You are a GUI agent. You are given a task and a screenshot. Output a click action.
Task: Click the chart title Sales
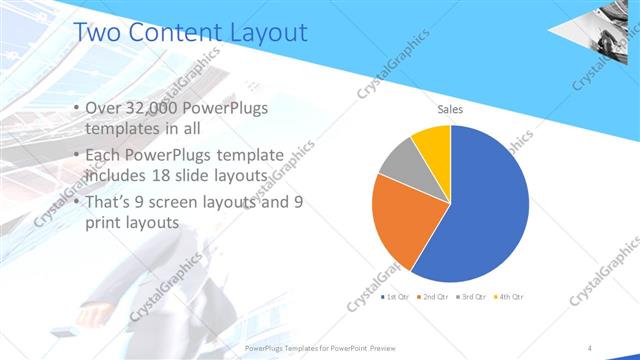(x=450, y=110)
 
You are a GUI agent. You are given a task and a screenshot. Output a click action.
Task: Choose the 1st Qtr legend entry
(x=395, y=297)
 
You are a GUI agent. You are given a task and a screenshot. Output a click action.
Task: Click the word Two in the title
(x=98, y=32)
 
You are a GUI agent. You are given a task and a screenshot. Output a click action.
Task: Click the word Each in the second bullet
(x=106, y=155)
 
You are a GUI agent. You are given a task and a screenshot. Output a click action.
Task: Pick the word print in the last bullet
(x=106, y=224)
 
